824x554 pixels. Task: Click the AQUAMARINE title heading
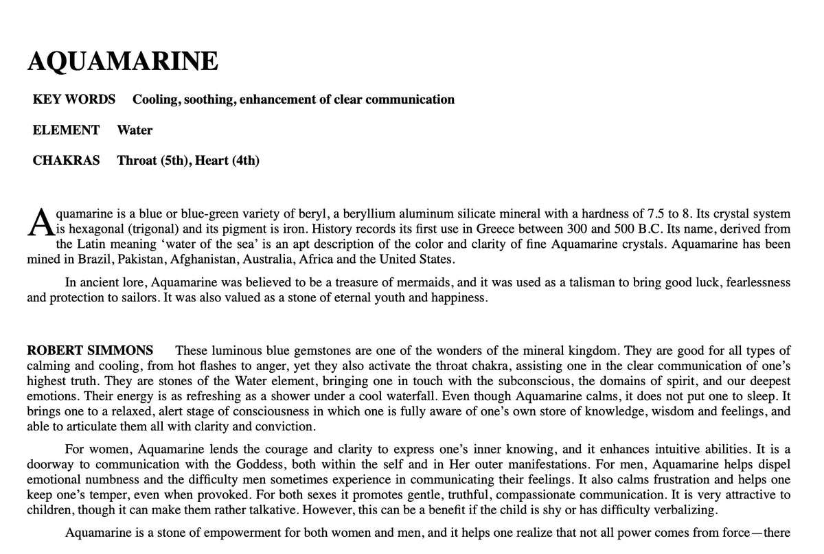click(123, 62)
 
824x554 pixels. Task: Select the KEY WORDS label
click(74, 100)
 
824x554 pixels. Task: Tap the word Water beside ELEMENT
click(135, 130)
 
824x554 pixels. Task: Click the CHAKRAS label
click(66, 161)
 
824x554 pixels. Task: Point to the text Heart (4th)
click(227, 161)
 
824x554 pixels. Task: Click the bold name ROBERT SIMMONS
click(90, 351)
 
